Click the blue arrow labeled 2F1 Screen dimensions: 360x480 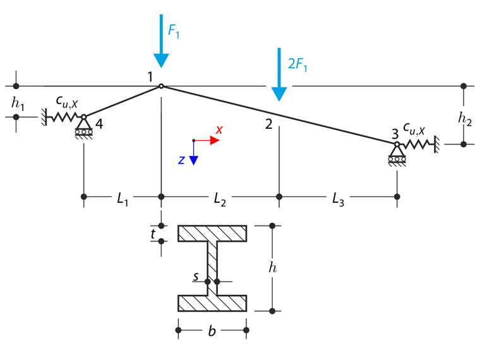click(x=279, y=74)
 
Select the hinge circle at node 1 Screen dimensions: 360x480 click(x=161, y=86)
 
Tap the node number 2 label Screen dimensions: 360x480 click(x=269, y=124)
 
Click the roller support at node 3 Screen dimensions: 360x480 click(x=397, y=154)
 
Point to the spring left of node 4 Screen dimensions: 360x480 click(x=62, y=117)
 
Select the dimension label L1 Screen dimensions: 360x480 click(x=123, y=199)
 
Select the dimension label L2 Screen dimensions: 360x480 click(x=220, y=199)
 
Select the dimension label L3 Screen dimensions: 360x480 click(x=338, y=199)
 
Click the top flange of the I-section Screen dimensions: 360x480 click(x=212, y=234)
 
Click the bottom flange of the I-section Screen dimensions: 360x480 click(x=212, y=303)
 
